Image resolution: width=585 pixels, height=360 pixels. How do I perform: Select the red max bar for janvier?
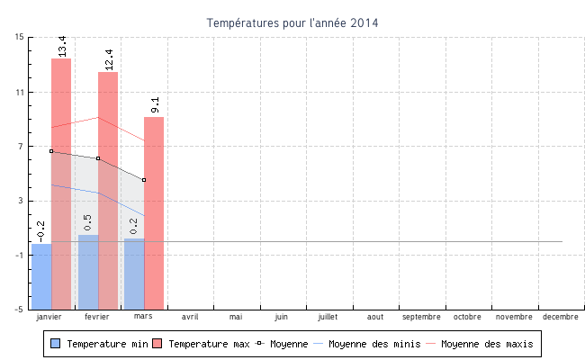click(x=61, y=180)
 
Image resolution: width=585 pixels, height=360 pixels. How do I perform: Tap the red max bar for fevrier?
click(x=108, y=189)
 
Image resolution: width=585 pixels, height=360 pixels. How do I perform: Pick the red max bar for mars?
click(x=154, y=211)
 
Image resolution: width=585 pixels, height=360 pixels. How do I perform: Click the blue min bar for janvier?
click(x=41, y=275)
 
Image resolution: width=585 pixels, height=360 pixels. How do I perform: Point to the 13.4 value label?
click(x=62, y=45)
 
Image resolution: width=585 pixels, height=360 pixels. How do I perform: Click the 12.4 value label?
click(x=109, y=58)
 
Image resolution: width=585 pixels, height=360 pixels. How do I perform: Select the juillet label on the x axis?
click(x=328, y=317)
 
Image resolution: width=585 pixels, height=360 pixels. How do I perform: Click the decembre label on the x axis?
click(x=560, y=317)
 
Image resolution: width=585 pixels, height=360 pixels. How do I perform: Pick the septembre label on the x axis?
click(x=421, y=317)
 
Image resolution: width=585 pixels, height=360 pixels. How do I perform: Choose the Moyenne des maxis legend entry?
click(x=486, y=344)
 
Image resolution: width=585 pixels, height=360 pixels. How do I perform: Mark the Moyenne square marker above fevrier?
click(x=98, y=158)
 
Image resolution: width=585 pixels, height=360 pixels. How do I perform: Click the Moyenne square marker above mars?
click(x=144, y=180)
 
